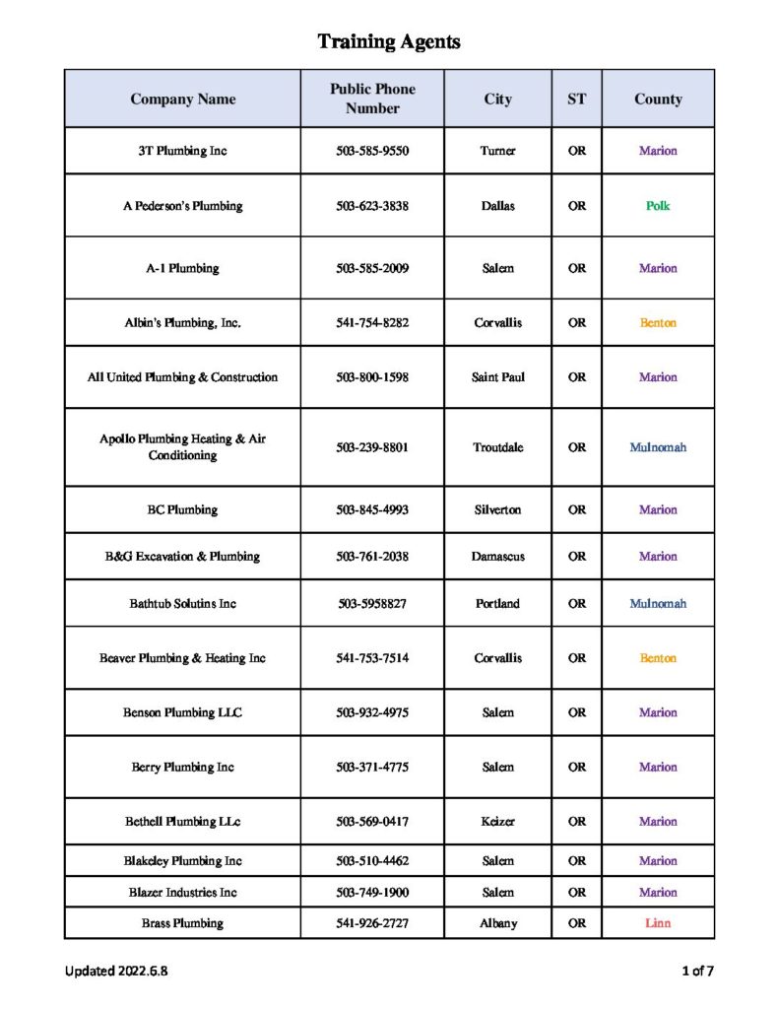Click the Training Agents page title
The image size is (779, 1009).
pos(389,41)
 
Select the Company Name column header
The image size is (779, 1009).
pos(182,99)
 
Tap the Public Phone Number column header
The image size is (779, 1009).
pos(372,99)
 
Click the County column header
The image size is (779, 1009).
pos(658,99)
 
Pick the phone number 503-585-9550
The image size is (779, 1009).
pos(372,151)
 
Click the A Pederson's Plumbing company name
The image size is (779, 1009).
pos(182,206)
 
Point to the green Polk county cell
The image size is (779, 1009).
pos(658,206)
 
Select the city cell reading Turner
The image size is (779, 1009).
pos(497,151)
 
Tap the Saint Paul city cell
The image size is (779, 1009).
pos(497,376)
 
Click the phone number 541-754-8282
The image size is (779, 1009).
pos(372,322)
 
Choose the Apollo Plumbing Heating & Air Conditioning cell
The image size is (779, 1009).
pos(182,446)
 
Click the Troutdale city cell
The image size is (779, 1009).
pos(497,446)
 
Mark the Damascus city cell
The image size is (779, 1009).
pos(497,556)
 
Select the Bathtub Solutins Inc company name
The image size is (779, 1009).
pos(182,603)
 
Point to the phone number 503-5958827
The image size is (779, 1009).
pos(372,603)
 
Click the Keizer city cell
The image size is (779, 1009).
pos(497,821)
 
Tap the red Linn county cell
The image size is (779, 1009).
pos(658,923)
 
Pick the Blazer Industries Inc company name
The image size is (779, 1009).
pos(182,892)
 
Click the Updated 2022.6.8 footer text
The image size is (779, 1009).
pos(116,971)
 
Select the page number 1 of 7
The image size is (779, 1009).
pos(697,971)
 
